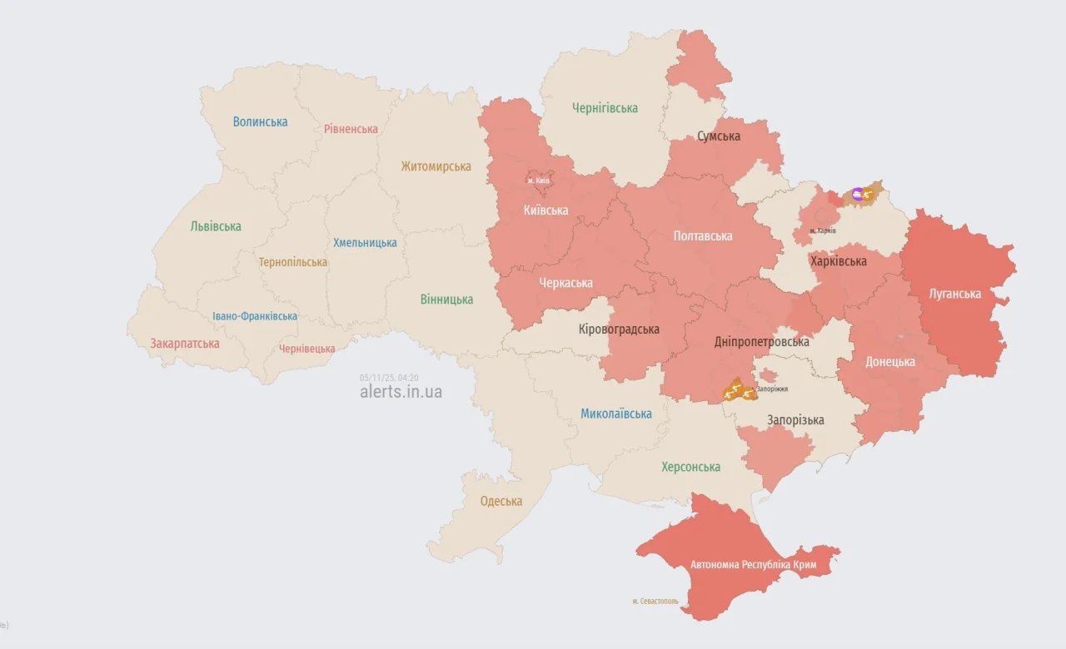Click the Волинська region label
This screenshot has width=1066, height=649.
260,121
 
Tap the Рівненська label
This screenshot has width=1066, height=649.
351,129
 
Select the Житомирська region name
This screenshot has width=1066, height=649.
436,166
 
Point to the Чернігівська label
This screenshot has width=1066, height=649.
605,108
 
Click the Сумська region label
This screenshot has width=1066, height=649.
718,136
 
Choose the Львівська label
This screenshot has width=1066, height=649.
216,226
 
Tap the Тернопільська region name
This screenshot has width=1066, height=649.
292,262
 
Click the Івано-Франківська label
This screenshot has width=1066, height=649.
254,316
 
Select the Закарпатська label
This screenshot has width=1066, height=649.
185,344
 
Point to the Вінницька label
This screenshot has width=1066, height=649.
446,300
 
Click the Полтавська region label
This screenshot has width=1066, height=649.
703,236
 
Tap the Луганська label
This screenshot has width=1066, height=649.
956,294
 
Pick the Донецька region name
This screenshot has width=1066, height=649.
889,362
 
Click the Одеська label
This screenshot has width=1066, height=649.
501,501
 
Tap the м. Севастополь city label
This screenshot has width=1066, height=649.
655,601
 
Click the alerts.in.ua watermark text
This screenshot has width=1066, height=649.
401,392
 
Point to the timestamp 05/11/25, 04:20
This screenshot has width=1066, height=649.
389,378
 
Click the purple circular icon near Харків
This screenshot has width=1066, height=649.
858,195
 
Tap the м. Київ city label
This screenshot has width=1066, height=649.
538,181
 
